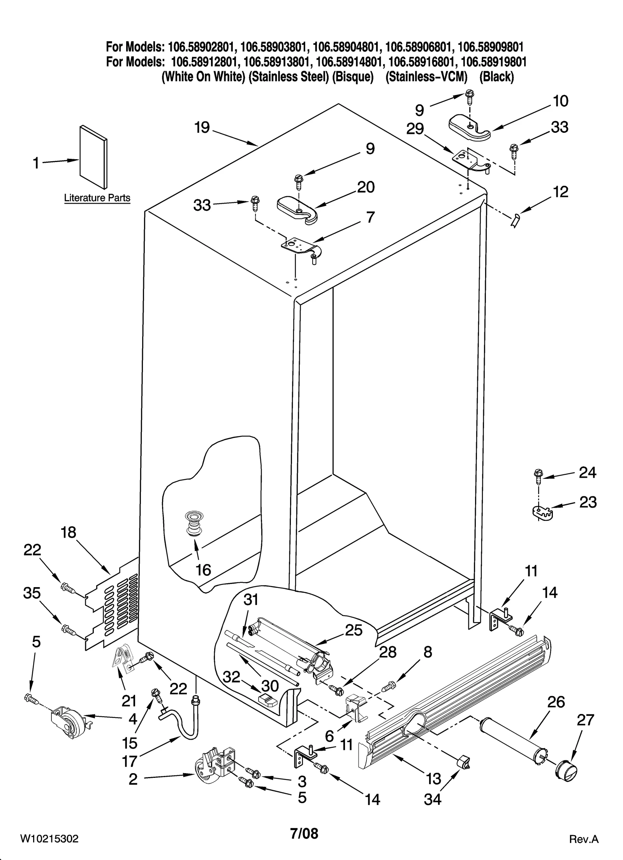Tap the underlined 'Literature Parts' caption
click(97, 198)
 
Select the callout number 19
click(202, 128)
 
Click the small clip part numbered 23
click(543, 513)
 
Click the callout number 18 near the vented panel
click(69, 533)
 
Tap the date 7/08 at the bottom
click(304, 833)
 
